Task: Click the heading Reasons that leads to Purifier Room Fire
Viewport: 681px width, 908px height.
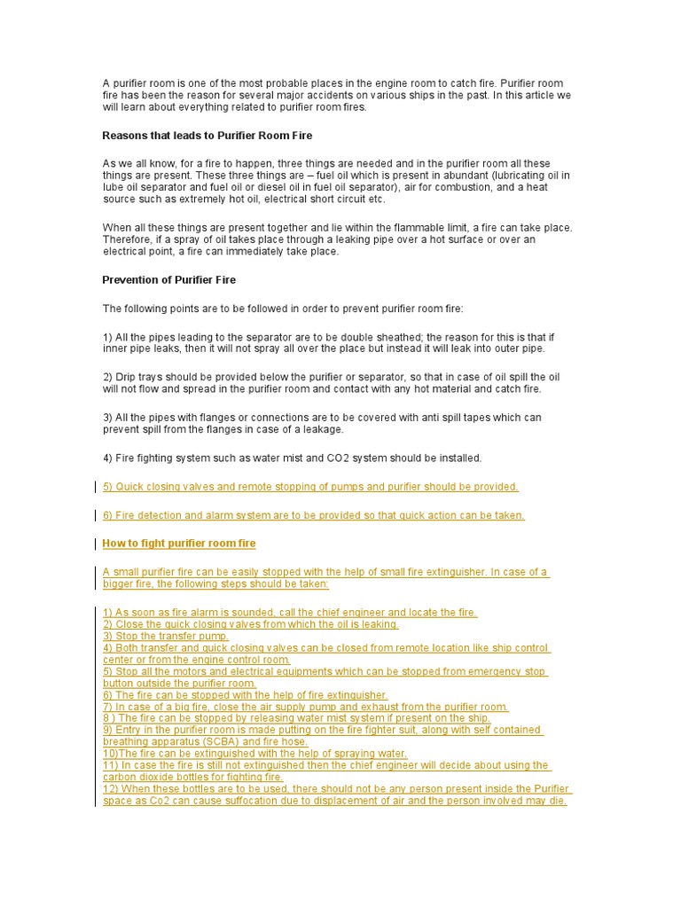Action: pos(207,136)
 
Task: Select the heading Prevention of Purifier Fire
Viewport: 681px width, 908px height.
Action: pos(169,280)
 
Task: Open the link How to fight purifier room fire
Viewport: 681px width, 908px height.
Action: pos(179,544)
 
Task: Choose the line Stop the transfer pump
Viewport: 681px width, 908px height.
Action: pos(166,636)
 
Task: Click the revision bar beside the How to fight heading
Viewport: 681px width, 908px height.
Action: pos(96,544)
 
